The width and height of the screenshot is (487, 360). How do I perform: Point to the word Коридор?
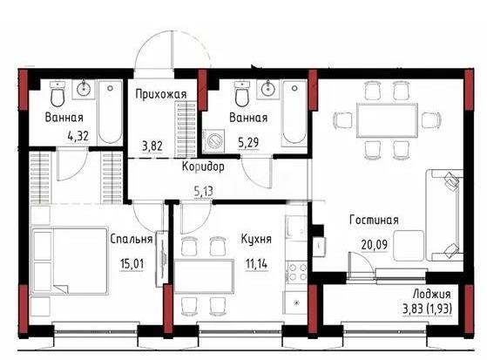(x=204, y=166)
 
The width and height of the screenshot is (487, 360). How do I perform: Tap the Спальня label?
(x=132, y=238)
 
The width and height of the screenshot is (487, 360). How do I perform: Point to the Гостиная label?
(x=374, y=221)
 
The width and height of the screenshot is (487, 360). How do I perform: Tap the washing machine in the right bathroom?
(x=214, y=141)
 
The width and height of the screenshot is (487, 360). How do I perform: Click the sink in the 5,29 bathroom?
(x=268, y=88)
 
